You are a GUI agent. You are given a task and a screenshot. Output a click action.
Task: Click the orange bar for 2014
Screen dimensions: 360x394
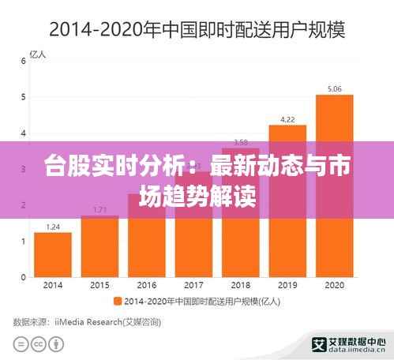point(53,254)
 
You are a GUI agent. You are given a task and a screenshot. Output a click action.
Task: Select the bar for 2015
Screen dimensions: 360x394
point(99,246)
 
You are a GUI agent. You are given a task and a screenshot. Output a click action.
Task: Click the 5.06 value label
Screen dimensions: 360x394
point(334,88)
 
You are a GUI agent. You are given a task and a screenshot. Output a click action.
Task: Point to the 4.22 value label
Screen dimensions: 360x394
point(287,119)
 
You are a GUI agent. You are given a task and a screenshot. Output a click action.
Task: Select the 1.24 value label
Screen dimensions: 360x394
point(53,227)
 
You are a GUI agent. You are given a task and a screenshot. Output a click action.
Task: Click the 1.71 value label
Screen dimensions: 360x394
point(99,209)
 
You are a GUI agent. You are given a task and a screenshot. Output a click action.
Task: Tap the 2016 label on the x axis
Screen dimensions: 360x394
point(147,284)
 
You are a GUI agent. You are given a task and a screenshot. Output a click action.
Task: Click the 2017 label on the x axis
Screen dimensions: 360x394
point(193,284)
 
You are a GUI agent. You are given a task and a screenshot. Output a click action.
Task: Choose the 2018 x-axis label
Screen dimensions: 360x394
point(240,284)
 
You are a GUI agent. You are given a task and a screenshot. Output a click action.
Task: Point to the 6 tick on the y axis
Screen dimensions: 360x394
point(23,61)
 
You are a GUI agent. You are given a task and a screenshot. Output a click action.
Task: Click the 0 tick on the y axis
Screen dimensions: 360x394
point(23,277)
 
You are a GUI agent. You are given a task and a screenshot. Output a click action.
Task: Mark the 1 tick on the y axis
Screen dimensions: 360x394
point(23,241)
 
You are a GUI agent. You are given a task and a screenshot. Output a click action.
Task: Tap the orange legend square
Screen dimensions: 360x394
point(118,300)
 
